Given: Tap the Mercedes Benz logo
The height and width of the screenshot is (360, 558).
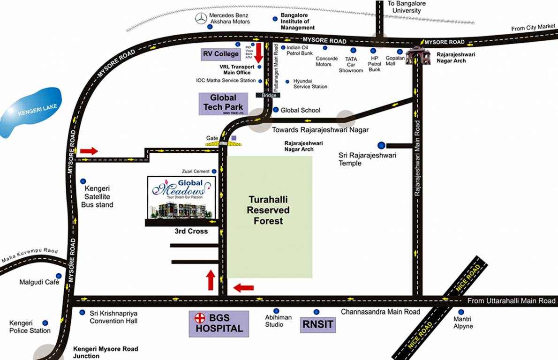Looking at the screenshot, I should [201, 18].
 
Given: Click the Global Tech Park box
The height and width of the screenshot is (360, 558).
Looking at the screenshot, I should [223, 103].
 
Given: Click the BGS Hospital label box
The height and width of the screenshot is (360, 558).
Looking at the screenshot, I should [219, 323].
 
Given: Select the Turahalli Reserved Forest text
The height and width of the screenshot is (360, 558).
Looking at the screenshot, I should [268, 210].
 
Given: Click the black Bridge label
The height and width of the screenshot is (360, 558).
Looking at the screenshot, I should [268, 95].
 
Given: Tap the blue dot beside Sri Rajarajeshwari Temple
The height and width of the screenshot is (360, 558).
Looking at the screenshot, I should [381, 145].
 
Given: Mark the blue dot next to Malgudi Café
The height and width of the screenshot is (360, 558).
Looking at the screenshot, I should [59, 276].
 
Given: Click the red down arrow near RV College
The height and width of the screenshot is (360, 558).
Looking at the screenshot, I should [258, 53].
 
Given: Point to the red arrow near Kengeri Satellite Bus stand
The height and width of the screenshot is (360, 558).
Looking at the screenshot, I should [89, 151].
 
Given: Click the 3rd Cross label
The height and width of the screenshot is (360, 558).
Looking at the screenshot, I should [191, 231].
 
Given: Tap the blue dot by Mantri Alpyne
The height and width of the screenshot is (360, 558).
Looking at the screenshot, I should [461, 312].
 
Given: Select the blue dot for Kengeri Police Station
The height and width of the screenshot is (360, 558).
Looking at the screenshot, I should [45, 323].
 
